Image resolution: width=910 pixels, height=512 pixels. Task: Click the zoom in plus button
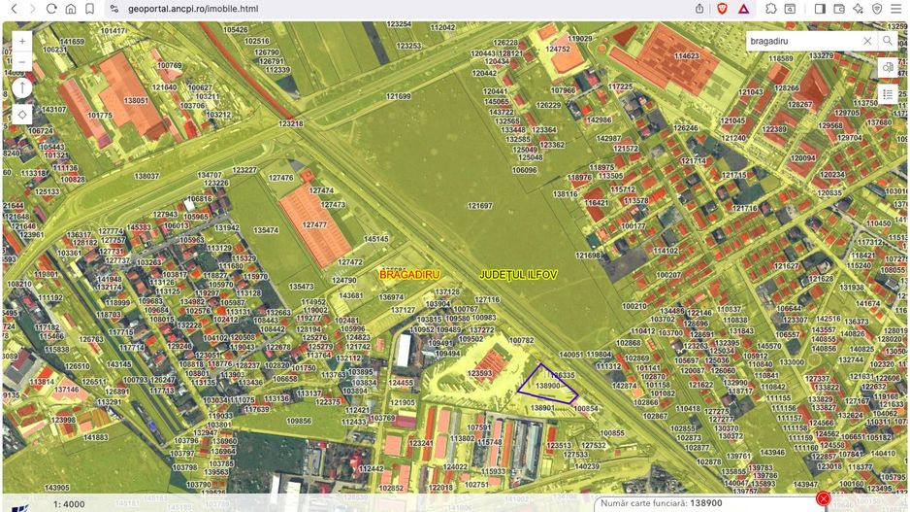(x=22, y=42)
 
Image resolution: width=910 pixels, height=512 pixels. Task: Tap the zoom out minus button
(x=22, y=62)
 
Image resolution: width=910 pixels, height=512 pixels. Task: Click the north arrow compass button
(x=22, y=88)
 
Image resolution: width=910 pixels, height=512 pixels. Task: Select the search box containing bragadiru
(x=803, y=42)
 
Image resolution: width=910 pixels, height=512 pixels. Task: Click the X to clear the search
(x=867, y=42)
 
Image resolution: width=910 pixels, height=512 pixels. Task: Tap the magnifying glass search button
(x=888, y=42)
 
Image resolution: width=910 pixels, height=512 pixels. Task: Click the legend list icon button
(x=888, y=94)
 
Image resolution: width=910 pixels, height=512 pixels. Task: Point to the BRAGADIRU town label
(x=409, y=275)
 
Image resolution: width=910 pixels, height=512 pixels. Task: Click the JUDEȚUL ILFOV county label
(x=519, y=275)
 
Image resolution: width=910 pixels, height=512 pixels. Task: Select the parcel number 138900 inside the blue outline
(x=548, y=386)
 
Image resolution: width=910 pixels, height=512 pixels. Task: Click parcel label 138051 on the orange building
(x=136, y=100)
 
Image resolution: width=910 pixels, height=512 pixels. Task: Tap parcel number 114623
(x=687, y=56)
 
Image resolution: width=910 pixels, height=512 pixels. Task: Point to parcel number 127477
(x=314, y=224)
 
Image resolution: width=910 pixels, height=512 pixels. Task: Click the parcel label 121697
(x=479, y=206)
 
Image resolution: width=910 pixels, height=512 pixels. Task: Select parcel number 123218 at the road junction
(x=291, y=123)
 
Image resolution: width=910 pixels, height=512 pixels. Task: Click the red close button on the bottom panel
(x=824, y=499)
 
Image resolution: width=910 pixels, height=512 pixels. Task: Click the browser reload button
(x=50, y=9)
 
